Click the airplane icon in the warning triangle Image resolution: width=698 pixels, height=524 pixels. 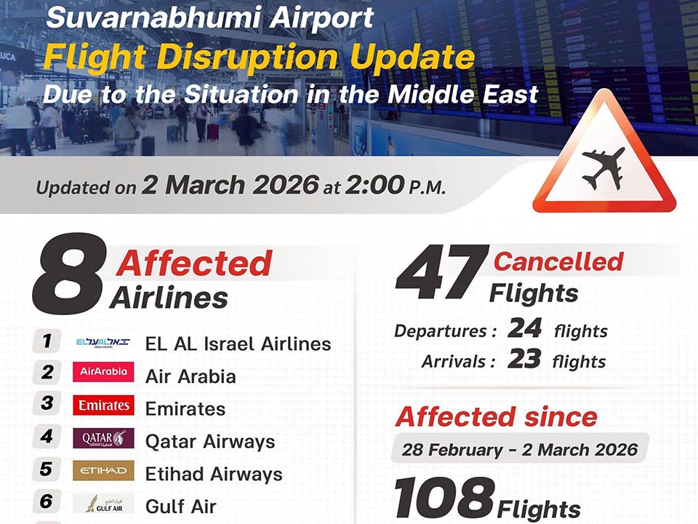(x=603, y=169)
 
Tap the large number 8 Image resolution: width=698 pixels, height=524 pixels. (x=71, y=274)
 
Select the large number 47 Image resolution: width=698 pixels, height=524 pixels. (x=442, y=273)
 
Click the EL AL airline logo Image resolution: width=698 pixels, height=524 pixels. (x=103, y=343)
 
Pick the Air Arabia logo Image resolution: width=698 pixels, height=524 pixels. (x=103, y=372)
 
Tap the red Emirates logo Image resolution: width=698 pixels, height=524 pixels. (x=103, y=405)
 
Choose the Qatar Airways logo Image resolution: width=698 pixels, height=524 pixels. (x=103, y=437)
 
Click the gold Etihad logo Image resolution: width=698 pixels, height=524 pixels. (x=103, y=471)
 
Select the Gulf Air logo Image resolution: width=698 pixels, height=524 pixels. (x=103, y=503)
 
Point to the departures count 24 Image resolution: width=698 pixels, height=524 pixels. (x=525, y=328)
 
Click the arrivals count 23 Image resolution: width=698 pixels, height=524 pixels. (x=524, y=359)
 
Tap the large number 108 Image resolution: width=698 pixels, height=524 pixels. (x=444, y=498)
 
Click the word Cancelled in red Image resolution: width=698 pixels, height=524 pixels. (x=558, y=261)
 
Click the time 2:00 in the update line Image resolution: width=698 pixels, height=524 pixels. (x=374, y=185)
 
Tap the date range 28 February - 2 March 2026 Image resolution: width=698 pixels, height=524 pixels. (x=519, y=450)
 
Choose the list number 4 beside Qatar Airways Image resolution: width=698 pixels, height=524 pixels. (x=47, y=436)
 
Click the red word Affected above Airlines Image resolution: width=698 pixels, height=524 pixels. (x=194, y=263)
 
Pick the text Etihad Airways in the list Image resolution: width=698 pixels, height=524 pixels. (x=214, y=475)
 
